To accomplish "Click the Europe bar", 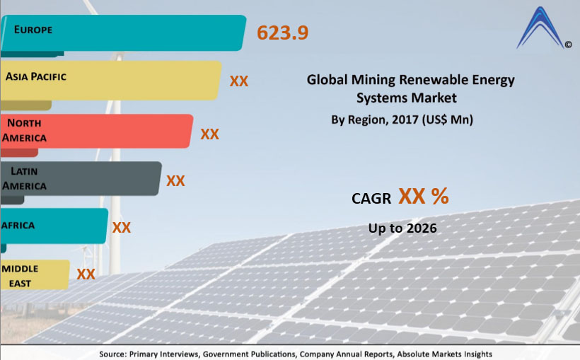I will pyautogui.click(x=123, y=33).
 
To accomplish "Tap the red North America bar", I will pyautogui.click(x=96, y=131).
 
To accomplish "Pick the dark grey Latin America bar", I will pyautogui.click(x=81, y=178).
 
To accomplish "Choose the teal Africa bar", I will pyautogui.click(x=54, y=226).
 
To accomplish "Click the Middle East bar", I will pyautogui.click(x=35, y=274).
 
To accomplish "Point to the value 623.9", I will pyautogui.click(x=282, y=33).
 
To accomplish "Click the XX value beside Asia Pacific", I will pyautogui.click(x=239, y=81).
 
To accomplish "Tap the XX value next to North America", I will pyautogui.click(x=209, y=134).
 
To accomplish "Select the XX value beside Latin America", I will pyautogui.click(x=175, y=181).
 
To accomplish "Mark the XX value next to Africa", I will pyautogui.click(x=122, y=228).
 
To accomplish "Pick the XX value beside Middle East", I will pyautogui.click(x=86, y=274).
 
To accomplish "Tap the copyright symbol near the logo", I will pyautogui.click(x=568, y=45).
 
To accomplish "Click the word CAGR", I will pyautogui.click(x=371, y=199).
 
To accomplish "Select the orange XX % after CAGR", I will pyautogui.click(x=423, y=197).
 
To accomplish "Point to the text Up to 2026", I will pyautogui.click(x=402, y=228).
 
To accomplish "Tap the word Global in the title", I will pyautogui.click(x=325, y=80).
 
